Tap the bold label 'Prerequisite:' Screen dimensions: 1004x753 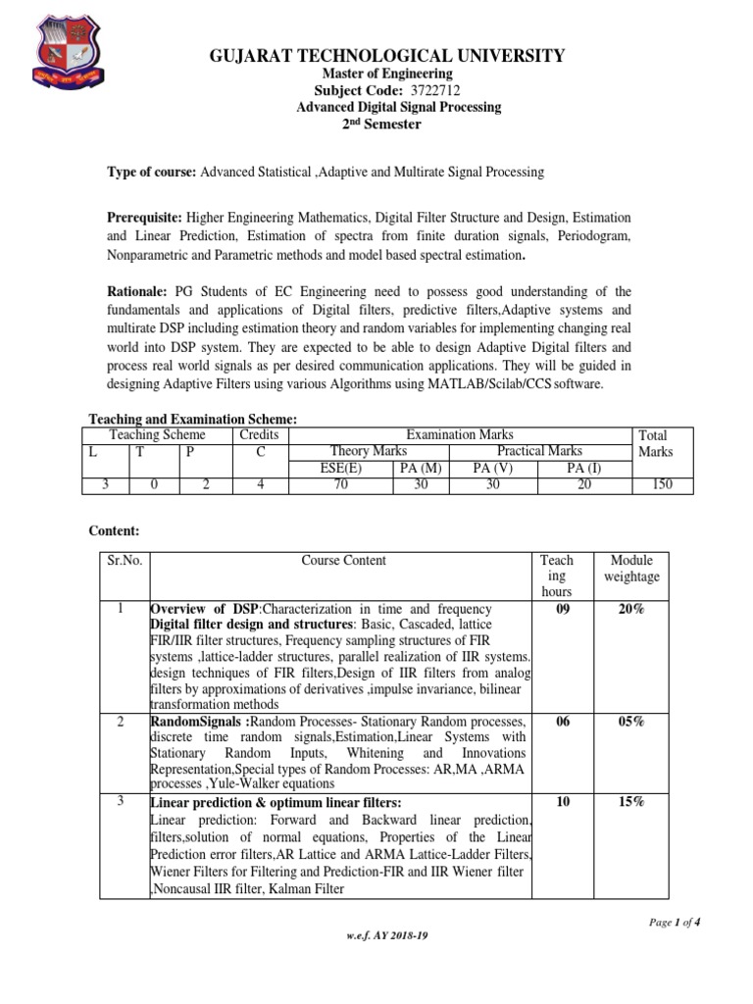[144, 216]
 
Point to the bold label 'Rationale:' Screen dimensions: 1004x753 [138, 291]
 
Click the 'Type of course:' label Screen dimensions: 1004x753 [152, 172]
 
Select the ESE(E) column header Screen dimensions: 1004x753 [341, 469]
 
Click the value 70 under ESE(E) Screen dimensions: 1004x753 [341, 485]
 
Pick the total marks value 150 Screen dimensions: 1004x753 [662, 485]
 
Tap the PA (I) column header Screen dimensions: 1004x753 [584, 469]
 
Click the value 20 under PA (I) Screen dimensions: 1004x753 [584, 485]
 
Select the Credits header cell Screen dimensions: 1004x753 [259, 434]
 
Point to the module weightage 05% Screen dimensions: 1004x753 [632, 722]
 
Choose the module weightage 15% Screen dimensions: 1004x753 [632, 802]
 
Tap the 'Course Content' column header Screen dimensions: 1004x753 [343, 561]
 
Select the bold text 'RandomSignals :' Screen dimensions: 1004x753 [191, 723]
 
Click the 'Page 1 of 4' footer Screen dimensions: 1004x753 [675, 923]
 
